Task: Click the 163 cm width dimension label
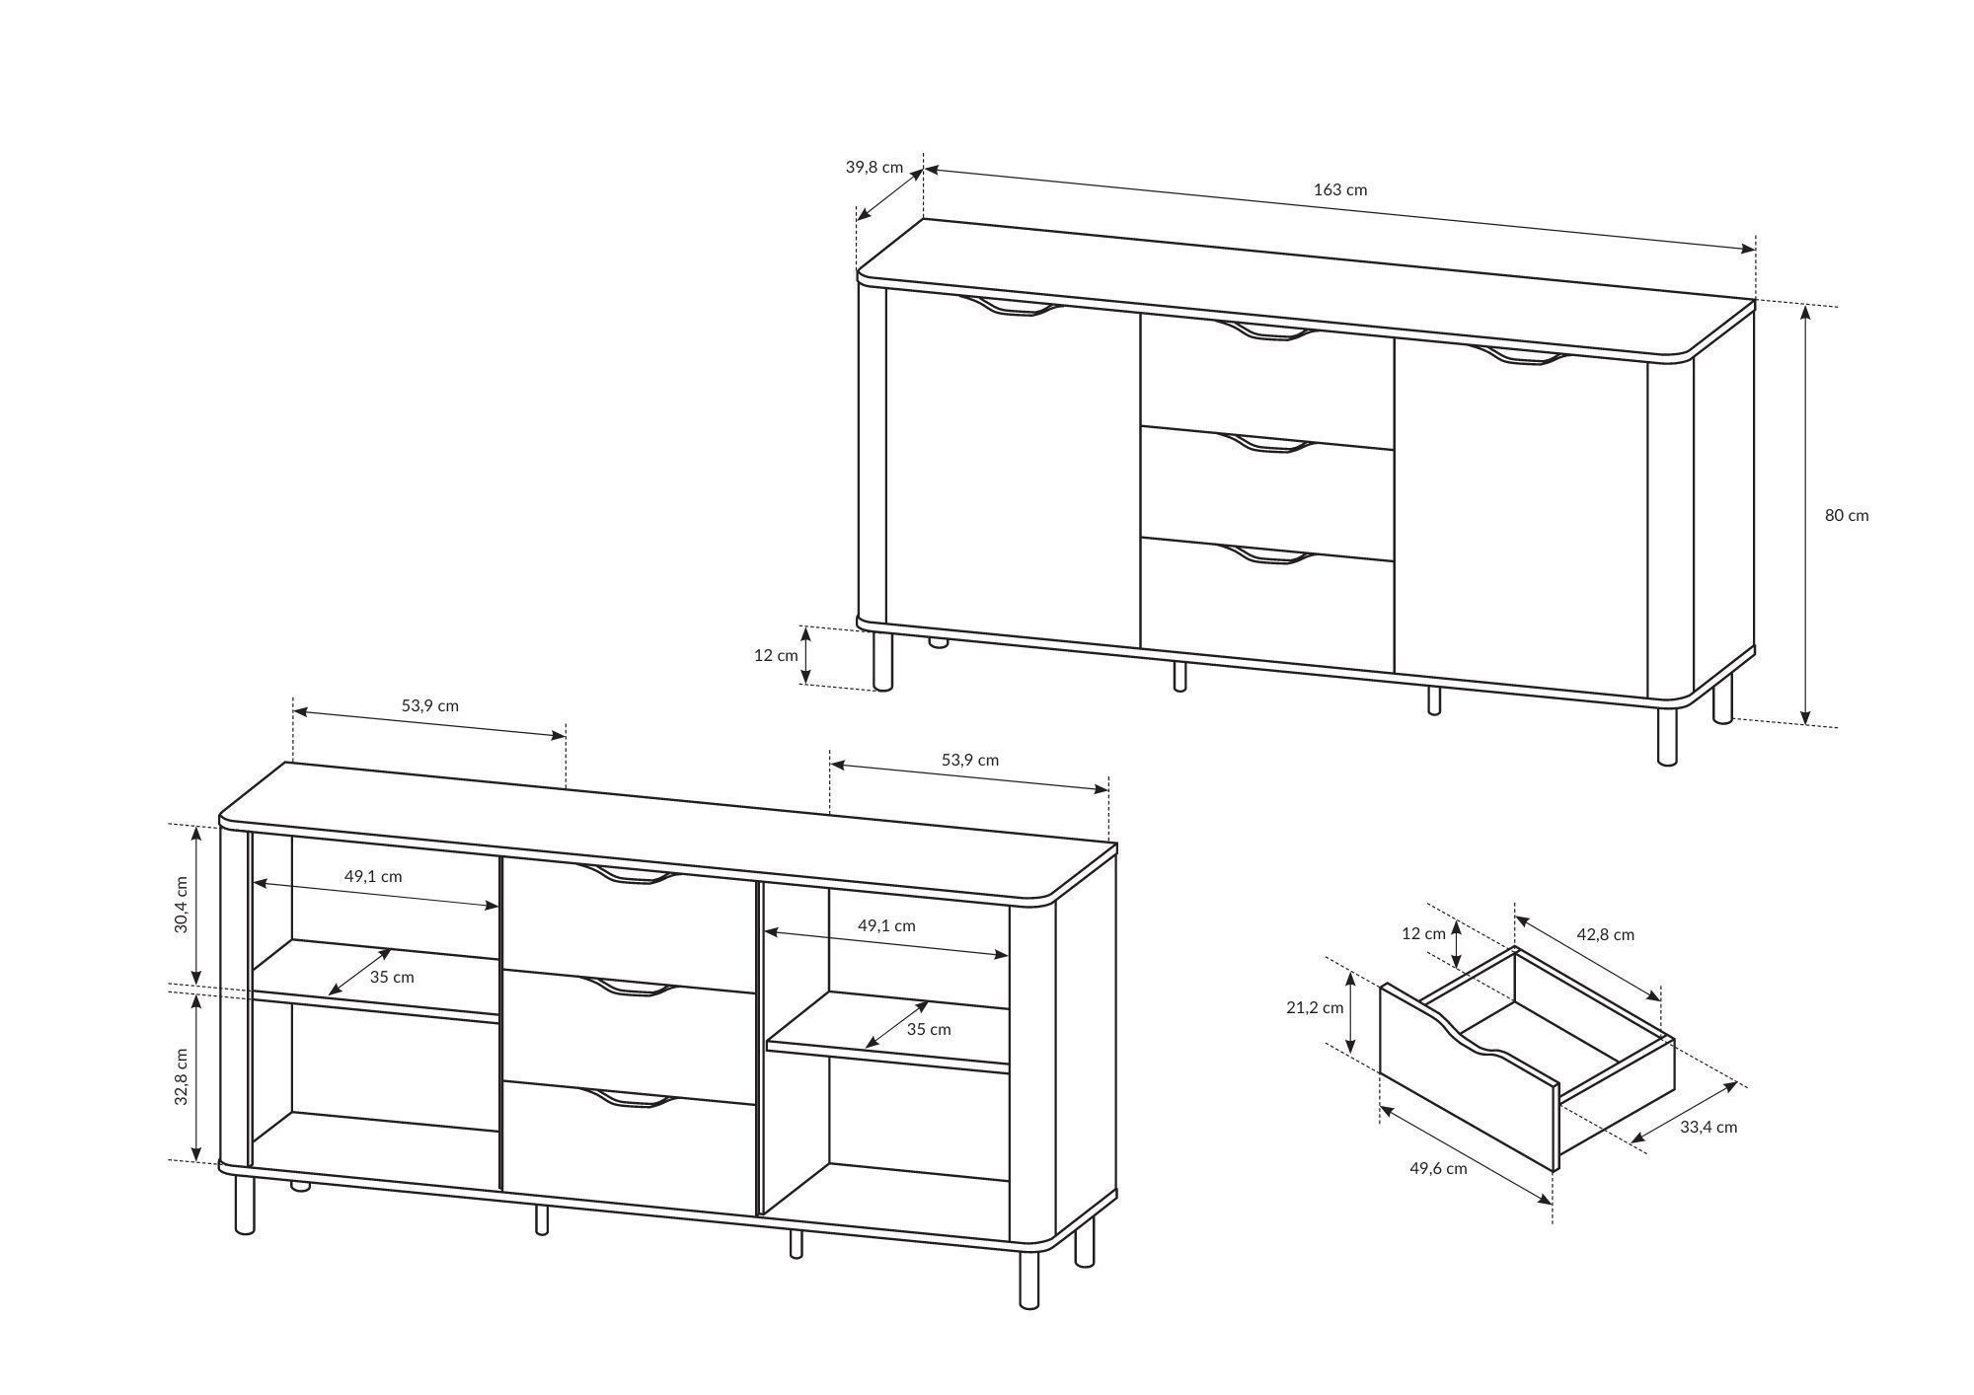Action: click(1339, 189)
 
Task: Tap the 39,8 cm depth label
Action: click(873, 167)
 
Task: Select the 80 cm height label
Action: click(1846, 515)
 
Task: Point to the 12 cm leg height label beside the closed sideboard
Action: click(776, 655)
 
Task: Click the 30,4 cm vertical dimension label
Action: click(182, 905)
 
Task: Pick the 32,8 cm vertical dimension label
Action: click(182, 1076)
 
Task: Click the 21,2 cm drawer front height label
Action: click(1316, 1007)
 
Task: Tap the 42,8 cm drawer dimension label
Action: click(1605, 934)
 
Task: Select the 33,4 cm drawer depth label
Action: click(1708, 1127)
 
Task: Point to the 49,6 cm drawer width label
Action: click(1438, 1169)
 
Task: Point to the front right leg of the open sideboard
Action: click(1029, 1278)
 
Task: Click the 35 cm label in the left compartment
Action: click(392, 978)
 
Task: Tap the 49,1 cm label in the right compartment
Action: click(886, 925)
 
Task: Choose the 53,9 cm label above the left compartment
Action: click(429, 705)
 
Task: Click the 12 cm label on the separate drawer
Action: click(1423, 933)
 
